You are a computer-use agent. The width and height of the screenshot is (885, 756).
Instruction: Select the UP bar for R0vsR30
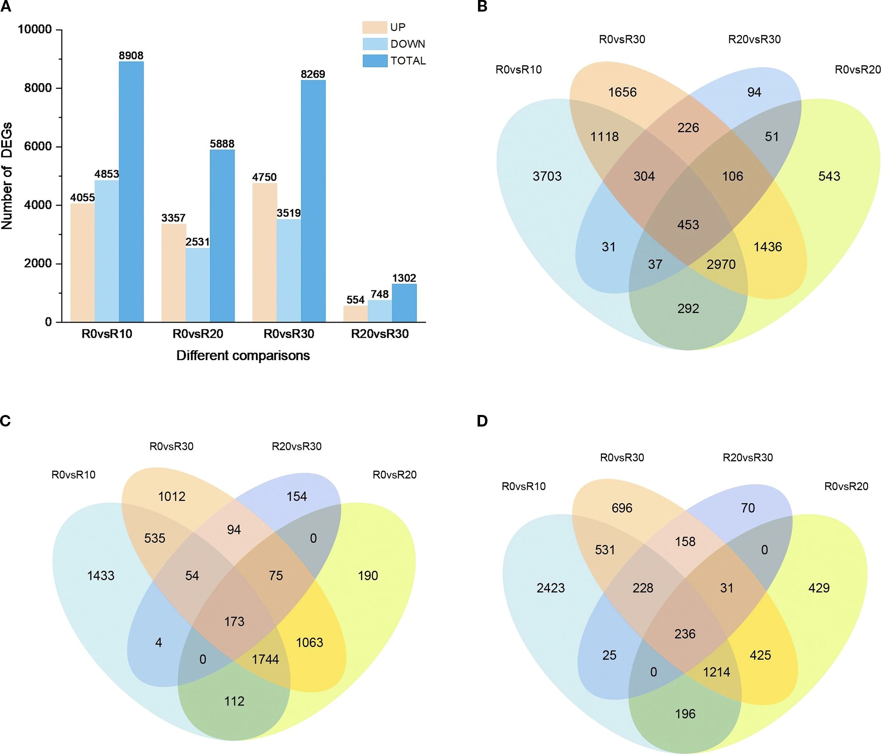(265, 252)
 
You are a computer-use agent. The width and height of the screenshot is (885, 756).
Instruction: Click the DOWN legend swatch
(374, 44)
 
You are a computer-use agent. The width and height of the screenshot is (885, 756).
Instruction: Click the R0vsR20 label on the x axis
(198, 334)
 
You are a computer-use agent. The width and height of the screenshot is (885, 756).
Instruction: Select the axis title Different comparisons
(243, 355)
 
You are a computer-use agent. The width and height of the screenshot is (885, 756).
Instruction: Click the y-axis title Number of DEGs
(7, 175)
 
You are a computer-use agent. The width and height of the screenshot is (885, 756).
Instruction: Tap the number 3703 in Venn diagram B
(547, 176)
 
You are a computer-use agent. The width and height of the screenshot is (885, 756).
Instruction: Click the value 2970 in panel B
(721, 264)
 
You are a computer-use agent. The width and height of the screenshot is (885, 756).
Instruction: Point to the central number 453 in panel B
(688, 225)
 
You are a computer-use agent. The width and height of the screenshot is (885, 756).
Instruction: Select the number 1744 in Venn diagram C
(265, 659)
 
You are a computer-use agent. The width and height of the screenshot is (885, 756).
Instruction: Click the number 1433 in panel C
(101, 576)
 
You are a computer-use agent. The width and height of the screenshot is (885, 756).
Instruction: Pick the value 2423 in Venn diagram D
(551, 588)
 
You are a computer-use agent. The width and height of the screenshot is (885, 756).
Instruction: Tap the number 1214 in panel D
(717, 672)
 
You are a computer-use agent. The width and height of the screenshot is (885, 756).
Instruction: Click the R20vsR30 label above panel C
(296, 446)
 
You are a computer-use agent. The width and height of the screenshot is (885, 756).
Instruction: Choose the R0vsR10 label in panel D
(524, 486)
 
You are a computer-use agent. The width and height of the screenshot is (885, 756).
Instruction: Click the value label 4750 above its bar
(265, 177)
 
